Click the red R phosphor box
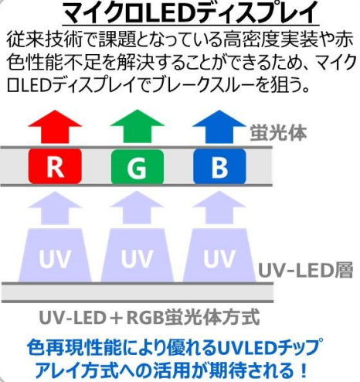pos(55,166)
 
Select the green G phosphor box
pos(138,167)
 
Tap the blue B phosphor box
pos(219,166)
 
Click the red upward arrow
pos(55,126)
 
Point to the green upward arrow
pos(138,126)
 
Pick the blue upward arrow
pos(219,126)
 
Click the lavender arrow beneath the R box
pos(55,207)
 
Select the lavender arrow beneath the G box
pos(138,207)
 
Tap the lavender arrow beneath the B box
pos(219,207)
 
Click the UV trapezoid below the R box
pos(55,255)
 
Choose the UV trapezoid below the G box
pos(138,255)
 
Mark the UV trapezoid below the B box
pos(219,255)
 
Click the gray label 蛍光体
pos(278,133)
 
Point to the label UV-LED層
pos(305,271)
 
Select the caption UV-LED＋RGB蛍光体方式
pos(149,318)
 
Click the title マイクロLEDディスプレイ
pos(191,13)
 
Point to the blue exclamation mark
pos(304,370)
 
